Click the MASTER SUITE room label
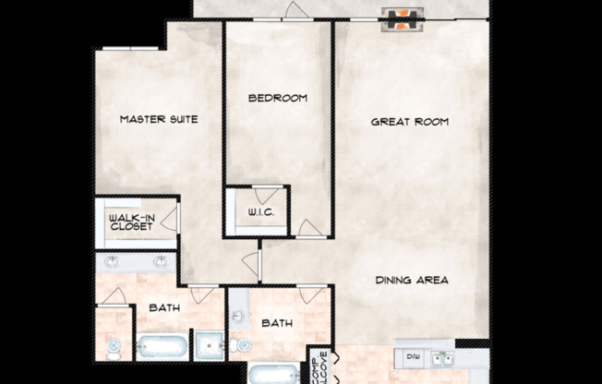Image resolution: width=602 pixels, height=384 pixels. coord(159,119)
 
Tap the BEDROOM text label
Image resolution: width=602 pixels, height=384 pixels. coord(277,97)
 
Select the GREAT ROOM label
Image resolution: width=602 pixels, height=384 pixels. coord(409,121)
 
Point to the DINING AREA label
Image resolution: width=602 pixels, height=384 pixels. coord(412,280)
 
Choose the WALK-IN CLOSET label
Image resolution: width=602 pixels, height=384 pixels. coord(132,222)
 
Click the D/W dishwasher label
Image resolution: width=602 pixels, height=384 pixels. coord(413,355)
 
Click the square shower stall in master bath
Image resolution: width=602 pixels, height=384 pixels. coord(208,344)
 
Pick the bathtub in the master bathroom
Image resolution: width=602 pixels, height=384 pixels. coord(162,348)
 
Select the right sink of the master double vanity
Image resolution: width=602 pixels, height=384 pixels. coord(163,262)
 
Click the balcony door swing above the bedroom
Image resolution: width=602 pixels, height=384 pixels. coord(295,12)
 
